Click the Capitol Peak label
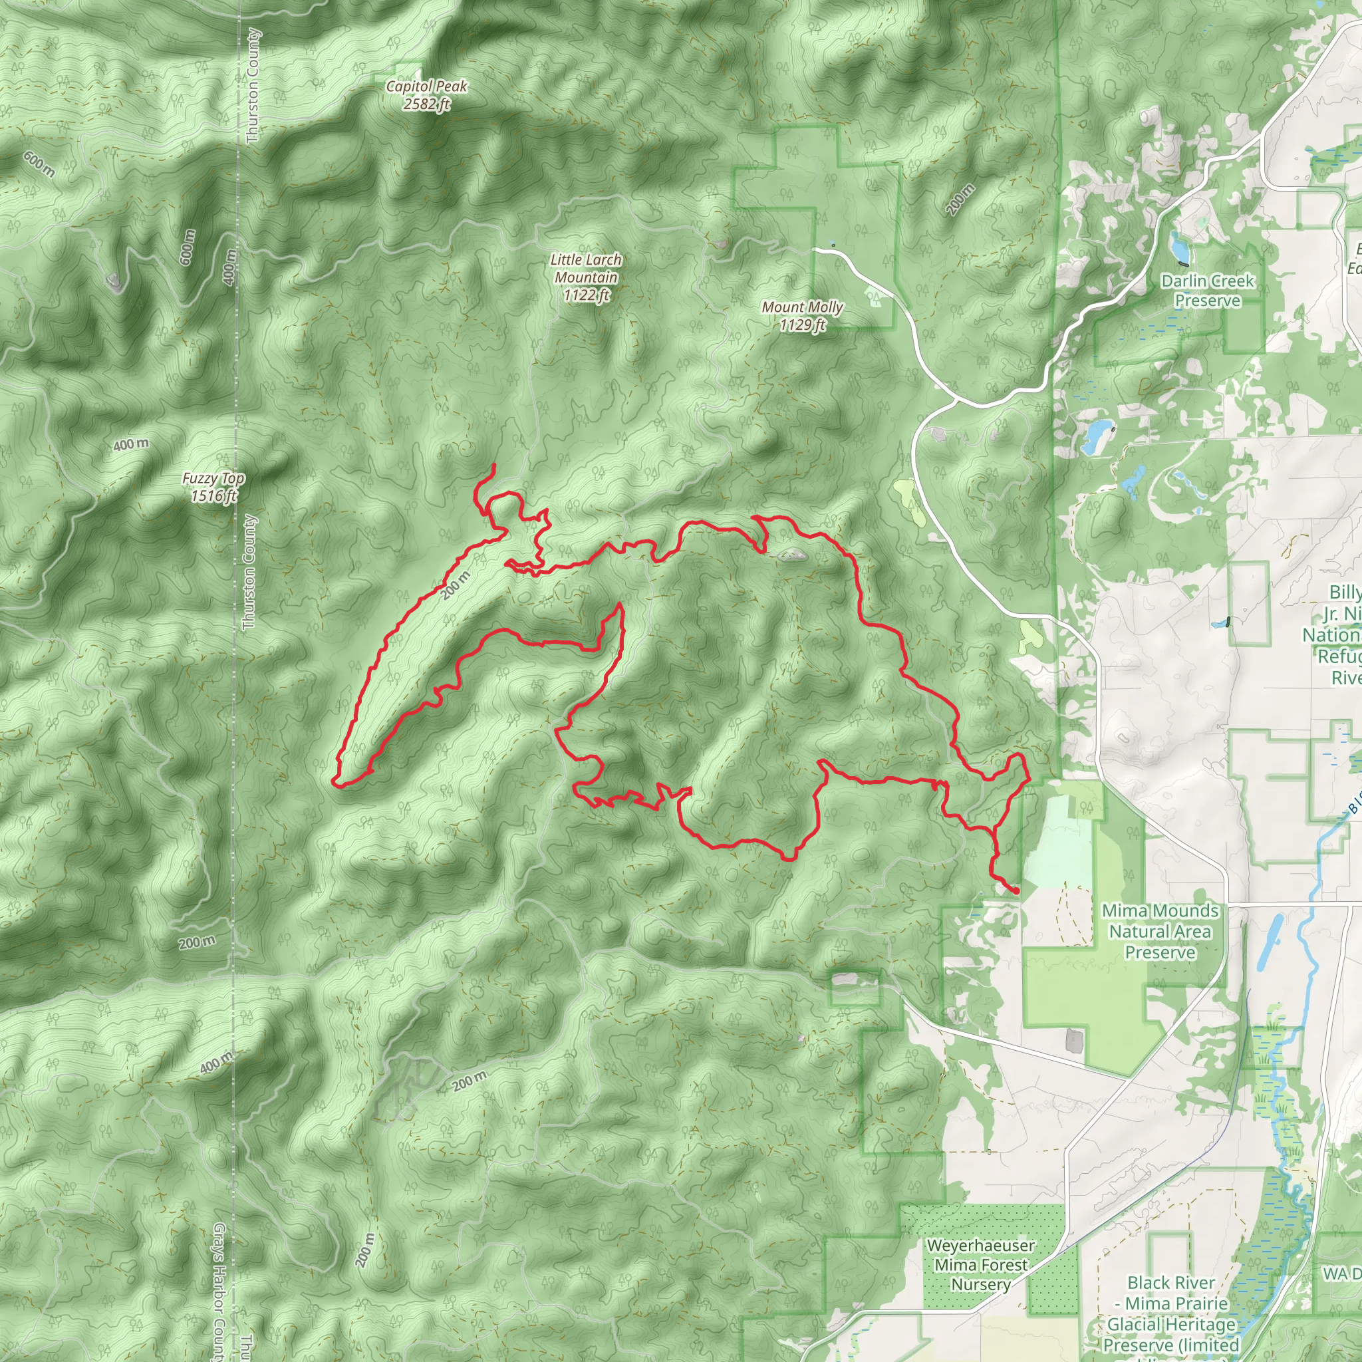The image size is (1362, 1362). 426,86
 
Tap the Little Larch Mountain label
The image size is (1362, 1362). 586,269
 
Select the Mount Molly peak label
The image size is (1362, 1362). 802,307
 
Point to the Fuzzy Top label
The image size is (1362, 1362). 213,478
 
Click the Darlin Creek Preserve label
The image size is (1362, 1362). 1208,291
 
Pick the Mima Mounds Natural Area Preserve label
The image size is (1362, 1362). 1160,931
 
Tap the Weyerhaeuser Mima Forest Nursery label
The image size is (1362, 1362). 981,1265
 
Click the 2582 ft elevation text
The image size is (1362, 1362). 426,104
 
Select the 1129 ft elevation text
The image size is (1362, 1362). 802,325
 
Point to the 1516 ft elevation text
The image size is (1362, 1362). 213,495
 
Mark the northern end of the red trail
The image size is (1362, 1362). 493,465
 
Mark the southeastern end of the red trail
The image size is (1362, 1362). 1017,892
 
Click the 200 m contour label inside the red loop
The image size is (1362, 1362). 456,586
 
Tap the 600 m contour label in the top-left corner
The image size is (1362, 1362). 39,164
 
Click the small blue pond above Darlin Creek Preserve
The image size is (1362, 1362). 1178,246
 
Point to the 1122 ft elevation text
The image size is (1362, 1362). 586,295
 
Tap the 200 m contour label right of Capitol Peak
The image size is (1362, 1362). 960,199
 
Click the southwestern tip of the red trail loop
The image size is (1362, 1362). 337,782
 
